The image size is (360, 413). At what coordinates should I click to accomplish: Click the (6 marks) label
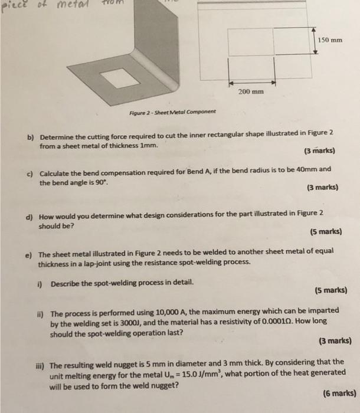pos(339,392)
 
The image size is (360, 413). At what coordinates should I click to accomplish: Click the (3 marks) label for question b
pos(319,150)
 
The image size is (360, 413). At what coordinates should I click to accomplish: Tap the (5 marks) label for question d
pos(324,232)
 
